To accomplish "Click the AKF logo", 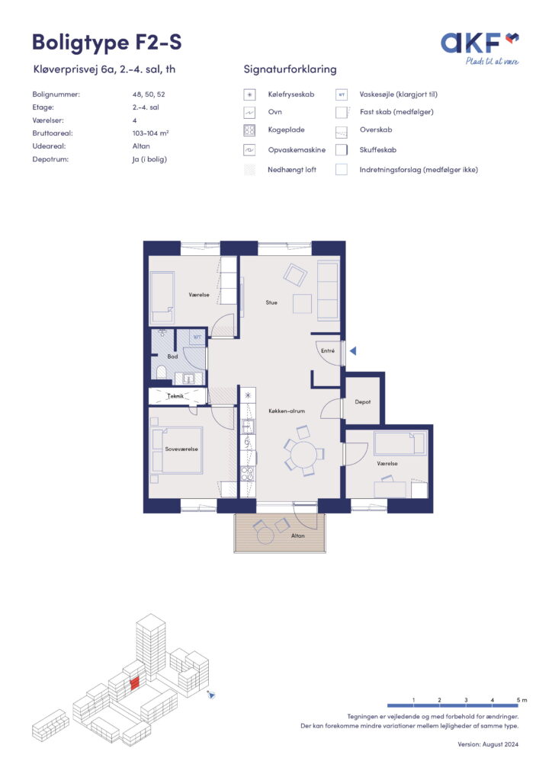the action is (x=480, y=48).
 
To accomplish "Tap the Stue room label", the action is (x=271, y=302).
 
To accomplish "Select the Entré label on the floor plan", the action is (x=328, y=350).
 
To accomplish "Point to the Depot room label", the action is (x=363, y=402).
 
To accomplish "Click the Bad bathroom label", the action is (x=172, y=356).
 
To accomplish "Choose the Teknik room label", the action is (x=175, y=396).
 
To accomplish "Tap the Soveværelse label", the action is (x=181, y=449).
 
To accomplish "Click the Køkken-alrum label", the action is (x=287, y=411).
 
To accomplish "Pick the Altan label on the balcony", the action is (x=297, y=535).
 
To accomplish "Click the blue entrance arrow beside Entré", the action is (x=353, y=351).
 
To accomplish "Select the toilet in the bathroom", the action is (x=161, y=372).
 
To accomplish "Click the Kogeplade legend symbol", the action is (x=249, y=130).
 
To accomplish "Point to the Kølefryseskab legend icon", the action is (x=249, y=94).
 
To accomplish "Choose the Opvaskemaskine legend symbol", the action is (x=249, y=150).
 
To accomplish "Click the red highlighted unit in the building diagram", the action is (x=134, y=684).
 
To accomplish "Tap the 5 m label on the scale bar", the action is (x=522, y=700).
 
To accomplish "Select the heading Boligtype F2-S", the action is (x=107, y=43).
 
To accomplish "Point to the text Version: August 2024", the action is (x=488, y=745).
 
